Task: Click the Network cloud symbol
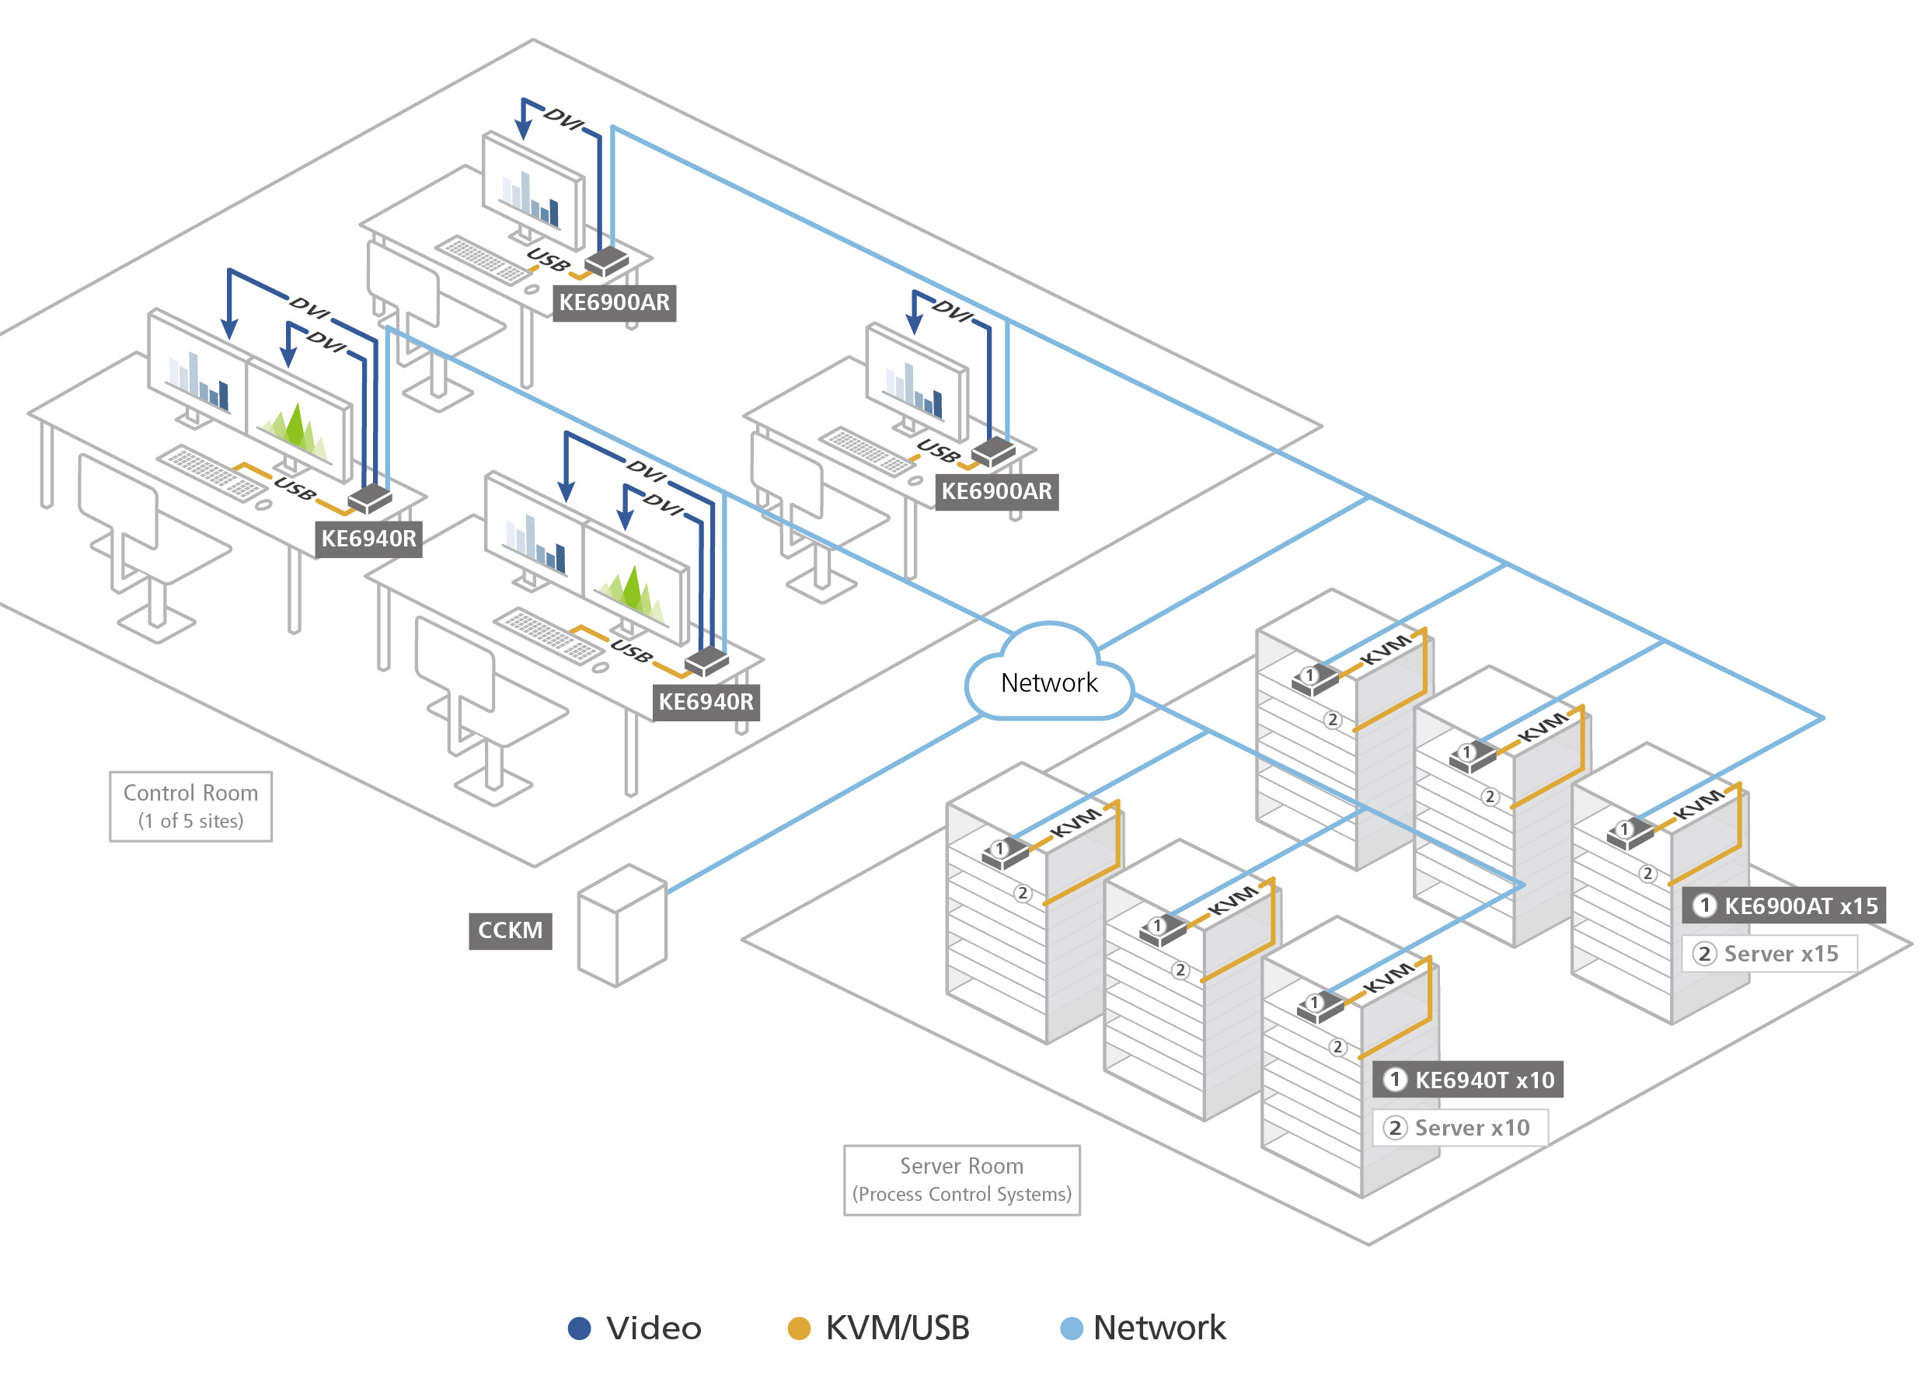click(x=1049, y=675)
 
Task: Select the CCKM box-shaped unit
click(x=622, y=927)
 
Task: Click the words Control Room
click(x=190, y=792)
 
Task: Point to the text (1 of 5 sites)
click(x=190, y=821)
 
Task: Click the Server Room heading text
click(x=961, y=1165)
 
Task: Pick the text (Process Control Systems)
click(x=961, y=1195)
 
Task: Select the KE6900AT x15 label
click(x=1800, y=906)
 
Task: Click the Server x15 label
click(x=1780, y=954)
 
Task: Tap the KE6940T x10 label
click(x=1483, y=1080)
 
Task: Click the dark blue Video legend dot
click(x=579, y=1328)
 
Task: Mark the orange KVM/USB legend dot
click(x=799, y=1328)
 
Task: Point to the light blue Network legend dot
click(x=1072, y=1328)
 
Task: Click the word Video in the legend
click(x=654, y=1328)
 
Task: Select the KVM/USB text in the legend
click(x=898, y=1328)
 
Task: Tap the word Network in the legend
click(x=1159, y=1328)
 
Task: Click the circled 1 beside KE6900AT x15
click(x=1703, y=906)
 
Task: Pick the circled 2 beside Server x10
click(x=1394, y=1128)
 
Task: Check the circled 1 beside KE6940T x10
click(x=1394, y=1080)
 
